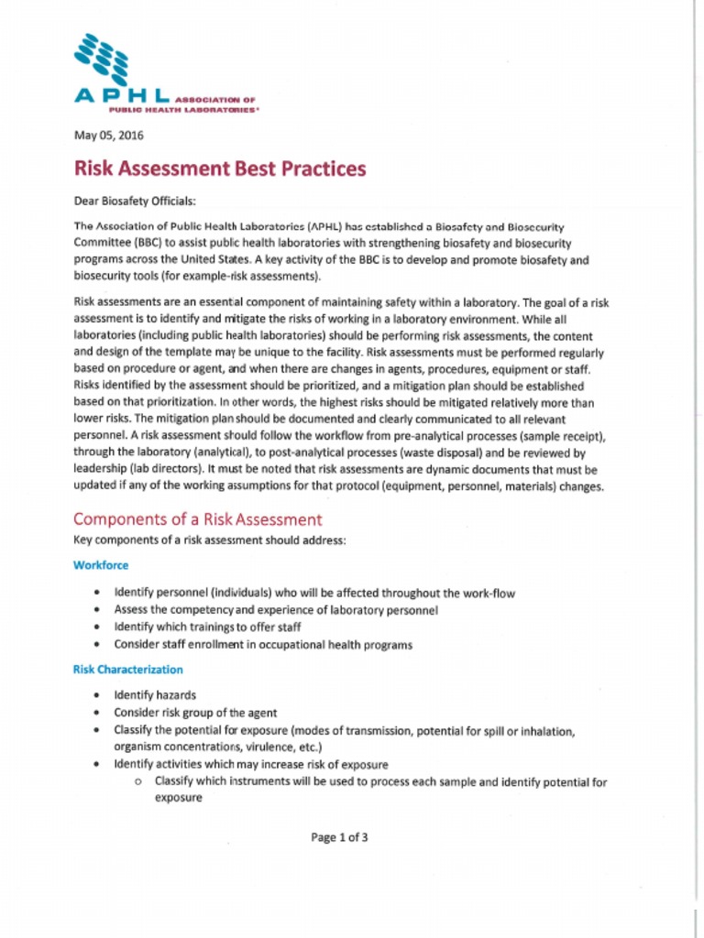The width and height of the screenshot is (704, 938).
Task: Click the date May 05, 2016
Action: pos(108,136)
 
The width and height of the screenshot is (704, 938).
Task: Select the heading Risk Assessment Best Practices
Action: pos(219,169)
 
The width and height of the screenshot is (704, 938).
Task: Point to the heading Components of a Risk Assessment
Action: pos(197,519)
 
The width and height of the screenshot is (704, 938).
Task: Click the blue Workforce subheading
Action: pos(100,565)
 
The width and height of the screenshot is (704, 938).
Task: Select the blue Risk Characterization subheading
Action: pos(127,670)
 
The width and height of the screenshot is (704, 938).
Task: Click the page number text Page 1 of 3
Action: pos(339,836)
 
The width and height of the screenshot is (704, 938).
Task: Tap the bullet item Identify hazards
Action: pos(154,695)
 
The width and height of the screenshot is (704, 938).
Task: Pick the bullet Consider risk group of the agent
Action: pos(195,713)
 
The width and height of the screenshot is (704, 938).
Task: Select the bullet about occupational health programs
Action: pos(263,645)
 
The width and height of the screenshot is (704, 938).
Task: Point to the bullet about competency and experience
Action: pos(276,610)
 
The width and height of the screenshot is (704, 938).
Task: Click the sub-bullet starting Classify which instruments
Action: pos(380,782)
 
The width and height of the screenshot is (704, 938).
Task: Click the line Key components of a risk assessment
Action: pos(209,540)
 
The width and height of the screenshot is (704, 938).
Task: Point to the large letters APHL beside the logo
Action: pos(121,96)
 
